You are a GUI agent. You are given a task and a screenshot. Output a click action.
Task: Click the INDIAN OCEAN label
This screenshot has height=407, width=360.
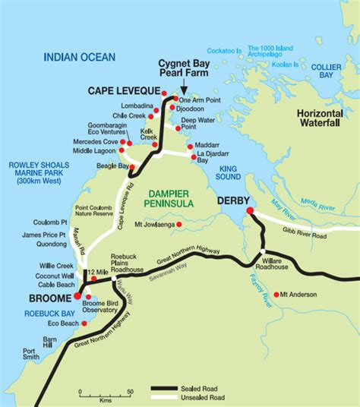(80, 57)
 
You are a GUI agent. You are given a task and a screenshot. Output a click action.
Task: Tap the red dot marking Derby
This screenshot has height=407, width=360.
(250, 210)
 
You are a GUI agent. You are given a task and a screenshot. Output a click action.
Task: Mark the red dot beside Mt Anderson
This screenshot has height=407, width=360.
(276, 294)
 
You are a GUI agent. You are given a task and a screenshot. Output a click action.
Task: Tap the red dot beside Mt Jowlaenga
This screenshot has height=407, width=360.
(179, 224)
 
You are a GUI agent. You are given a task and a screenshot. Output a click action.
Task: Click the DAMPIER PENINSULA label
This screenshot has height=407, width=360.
(167, 198)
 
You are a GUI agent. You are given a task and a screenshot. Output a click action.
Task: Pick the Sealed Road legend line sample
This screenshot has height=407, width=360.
(172, 386)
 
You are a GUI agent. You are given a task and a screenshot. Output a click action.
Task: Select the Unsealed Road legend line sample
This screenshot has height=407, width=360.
(172, 396)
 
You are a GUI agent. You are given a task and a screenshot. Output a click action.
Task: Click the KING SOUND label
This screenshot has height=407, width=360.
(229, 172)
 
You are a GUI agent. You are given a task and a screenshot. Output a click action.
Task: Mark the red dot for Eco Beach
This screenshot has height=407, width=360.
(84, 323)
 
